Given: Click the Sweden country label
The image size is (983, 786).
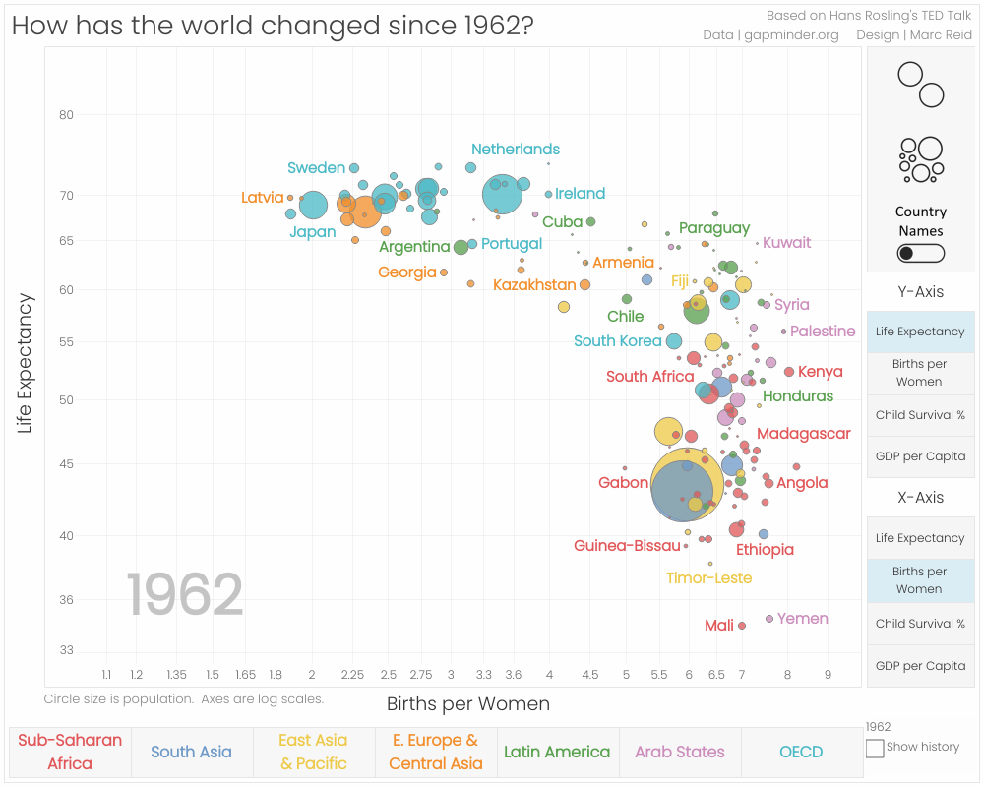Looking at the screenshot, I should pos(316,168).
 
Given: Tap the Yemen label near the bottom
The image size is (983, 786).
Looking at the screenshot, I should pos(802,619).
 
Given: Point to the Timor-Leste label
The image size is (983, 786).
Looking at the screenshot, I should pos(708,578).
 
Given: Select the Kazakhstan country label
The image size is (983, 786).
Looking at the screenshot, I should pos(534,285).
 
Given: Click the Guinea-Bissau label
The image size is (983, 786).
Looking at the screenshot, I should pos(627,546).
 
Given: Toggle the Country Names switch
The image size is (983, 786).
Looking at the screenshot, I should pos(920,253).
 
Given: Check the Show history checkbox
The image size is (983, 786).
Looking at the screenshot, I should pos(874,749).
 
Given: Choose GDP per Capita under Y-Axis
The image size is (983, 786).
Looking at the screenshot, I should pos(920,455).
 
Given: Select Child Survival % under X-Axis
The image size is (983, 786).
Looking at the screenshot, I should pos(920,623).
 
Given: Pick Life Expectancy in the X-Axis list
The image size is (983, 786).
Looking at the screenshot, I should pos(920,538).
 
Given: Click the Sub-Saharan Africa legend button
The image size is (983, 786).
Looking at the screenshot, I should pos(70,752).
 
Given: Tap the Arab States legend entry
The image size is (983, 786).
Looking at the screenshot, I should pos(679,752).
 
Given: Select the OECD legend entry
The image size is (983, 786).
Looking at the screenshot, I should pos(801,752).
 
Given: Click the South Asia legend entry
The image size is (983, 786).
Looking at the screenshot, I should pos(191,752).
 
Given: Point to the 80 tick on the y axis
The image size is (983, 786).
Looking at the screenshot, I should pos(66,115).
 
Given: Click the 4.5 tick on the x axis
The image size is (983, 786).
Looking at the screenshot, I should pos(590,675).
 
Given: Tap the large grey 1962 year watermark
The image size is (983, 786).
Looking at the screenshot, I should pos(185,595).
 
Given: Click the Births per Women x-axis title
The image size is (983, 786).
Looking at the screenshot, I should pos(467,704).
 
